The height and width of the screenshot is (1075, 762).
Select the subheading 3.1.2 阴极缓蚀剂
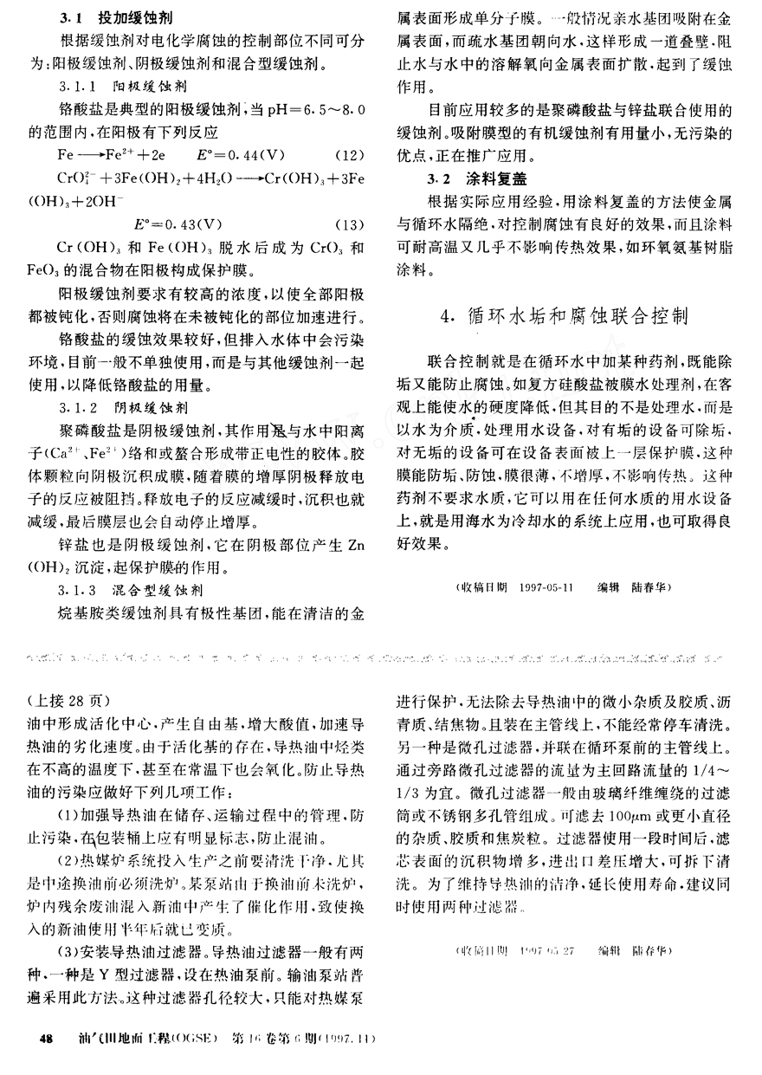(x=115, y=405)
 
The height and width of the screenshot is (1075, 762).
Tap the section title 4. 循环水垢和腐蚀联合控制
(x=564, y=315)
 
